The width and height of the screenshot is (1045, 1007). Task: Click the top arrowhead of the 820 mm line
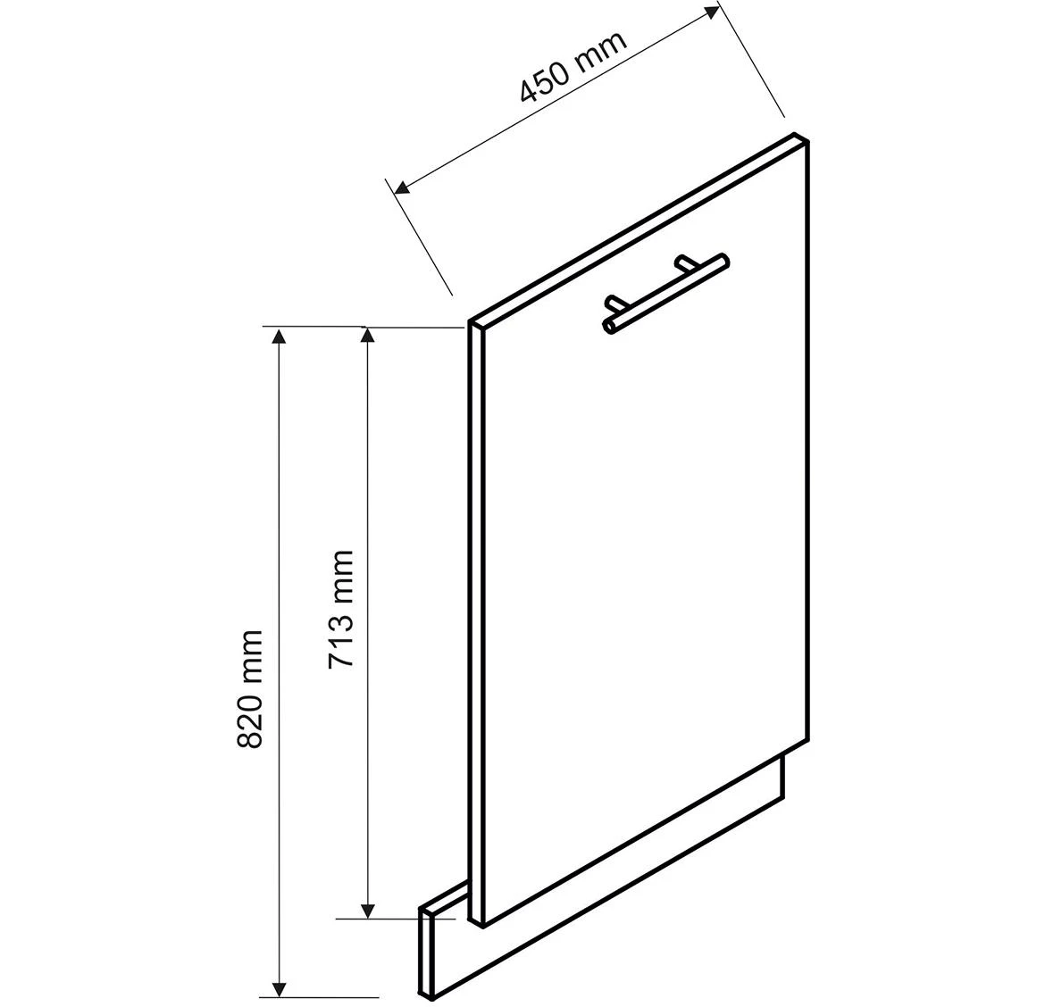coord(280,336)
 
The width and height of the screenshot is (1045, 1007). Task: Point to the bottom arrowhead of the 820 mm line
coord(280,987)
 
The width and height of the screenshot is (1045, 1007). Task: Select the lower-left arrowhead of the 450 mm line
coord(401,187)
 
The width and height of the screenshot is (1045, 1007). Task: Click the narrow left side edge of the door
coord(474,625)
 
